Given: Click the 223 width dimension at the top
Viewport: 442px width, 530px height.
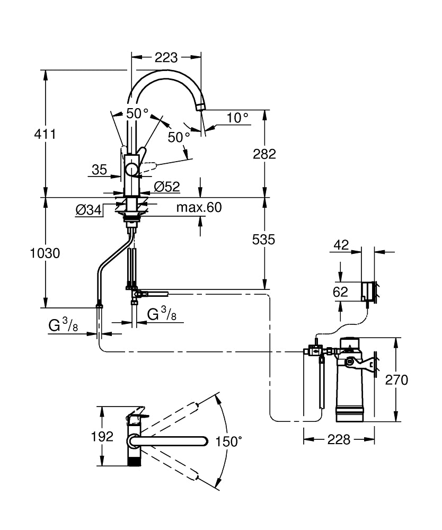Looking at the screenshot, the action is [166, 57].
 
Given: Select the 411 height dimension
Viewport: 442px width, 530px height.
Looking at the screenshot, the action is [45, 134].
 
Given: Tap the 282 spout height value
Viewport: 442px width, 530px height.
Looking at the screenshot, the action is [264, 154].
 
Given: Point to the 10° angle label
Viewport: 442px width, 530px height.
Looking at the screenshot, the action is [237, 118].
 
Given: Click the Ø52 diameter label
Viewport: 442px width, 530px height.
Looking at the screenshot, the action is [167, 187].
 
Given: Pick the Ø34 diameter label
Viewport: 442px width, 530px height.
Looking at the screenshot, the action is [89, 210].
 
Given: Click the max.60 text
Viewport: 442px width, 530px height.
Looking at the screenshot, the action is [199, 207].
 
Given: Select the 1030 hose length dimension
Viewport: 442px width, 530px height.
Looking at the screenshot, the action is [45, 253].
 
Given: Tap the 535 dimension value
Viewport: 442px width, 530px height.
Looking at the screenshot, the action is [263, 240].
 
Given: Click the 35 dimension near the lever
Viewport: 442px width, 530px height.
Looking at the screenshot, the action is [99, 170].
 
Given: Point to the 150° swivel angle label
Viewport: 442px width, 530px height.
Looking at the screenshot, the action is [229, 441].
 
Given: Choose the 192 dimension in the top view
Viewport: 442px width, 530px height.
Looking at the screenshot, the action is [102, 437].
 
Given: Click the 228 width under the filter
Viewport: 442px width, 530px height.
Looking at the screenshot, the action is [339, 439].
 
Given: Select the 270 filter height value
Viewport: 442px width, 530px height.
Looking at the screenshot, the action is [396, 380].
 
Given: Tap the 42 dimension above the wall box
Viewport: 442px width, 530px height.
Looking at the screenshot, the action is [341, 245].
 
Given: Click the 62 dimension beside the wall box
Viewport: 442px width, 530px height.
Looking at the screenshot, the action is [340, 292].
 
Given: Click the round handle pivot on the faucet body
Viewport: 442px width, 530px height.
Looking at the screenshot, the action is [131, 169].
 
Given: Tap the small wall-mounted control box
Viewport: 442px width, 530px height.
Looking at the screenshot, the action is [368, 291].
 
